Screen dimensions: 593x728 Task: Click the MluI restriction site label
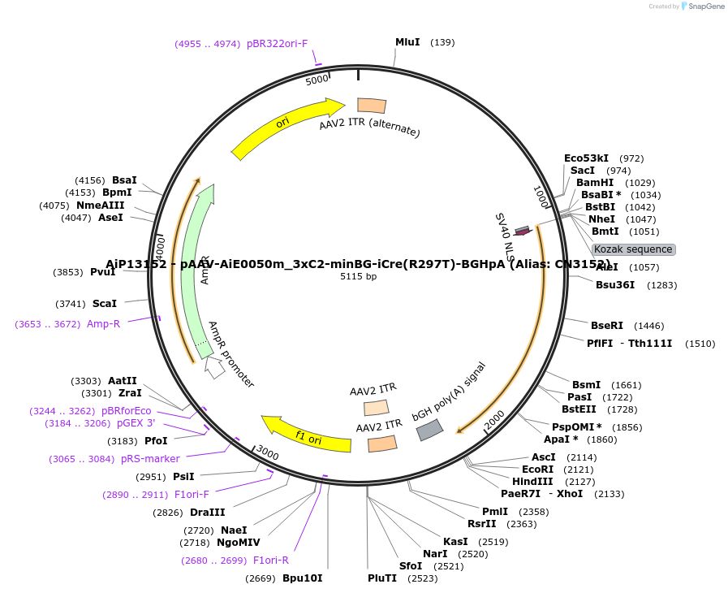[x=407, y=41]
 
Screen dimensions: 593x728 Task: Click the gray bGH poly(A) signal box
[x=430, y=430]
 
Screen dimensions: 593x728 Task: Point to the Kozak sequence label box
[x=633, y=249]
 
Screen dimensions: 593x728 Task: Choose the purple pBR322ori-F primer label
[x=277, y=44]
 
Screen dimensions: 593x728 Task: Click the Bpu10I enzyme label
[x=302, y=578]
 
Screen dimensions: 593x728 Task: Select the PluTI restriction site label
[x=382, y=578]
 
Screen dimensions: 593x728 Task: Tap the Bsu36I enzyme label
[x=615, y=284]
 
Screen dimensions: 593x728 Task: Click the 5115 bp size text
[x=358, y=276]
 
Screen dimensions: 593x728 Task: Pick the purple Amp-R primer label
[x=103, y=323]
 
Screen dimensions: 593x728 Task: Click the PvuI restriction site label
[x=103, y=272]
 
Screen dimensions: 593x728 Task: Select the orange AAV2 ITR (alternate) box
[x=372, y=106]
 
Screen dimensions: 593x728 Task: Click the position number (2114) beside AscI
[x=581, y=457]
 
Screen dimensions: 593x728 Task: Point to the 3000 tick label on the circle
[x=267, y=453]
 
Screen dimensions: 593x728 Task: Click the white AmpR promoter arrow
[x=214, y=367]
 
